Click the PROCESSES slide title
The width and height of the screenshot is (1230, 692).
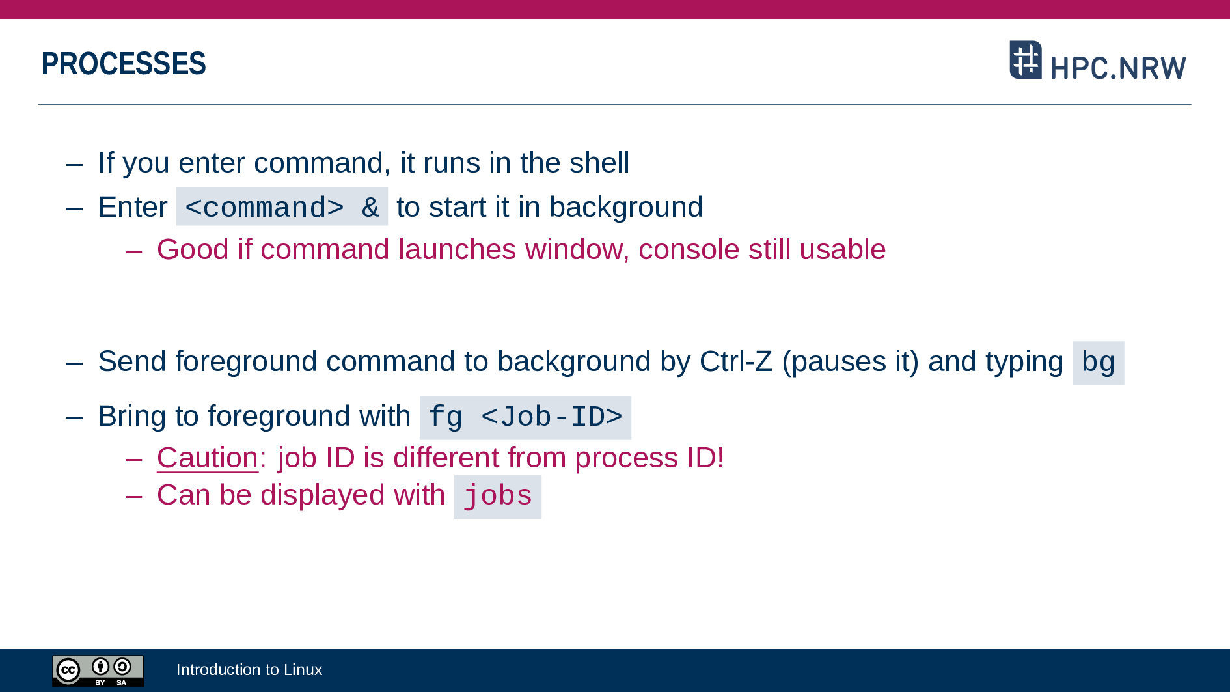(x=124, y=64)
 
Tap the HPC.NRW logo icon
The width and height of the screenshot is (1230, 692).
(x=1026, y=60)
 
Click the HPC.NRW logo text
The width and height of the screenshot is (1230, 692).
(x=1118, y=68)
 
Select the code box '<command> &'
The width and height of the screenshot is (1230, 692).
(x=282, y=207)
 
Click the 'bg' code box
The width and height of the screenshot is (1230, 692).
(x=1098, y=363)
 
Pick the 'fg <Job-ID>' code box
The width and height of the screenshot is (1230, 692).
(x=525, y=417)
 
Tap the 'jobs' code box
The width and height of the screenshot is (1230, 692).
(x=498, y=497)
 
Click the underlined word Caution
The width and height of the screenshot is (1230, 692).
(x=208, y=458)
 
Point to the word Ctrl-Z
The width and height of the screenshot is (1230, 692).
(x=736, y=361)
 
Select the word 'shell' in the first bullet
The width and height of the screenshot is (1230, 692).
(x=599, y=163)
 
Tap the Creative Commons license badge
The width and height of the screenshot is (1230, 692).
(x=98, y=671)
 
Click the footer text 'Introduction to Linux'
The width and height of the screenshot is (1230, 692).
(x=249, y=670)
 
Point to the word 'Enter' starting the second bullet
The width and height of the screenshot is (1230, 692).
(x=133, y=207)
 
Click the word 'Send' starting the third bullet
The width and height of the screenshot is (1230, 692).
(x=132, y=361)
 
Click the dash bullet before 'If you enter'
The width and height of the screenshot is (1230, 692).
(x=75, y=164)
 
